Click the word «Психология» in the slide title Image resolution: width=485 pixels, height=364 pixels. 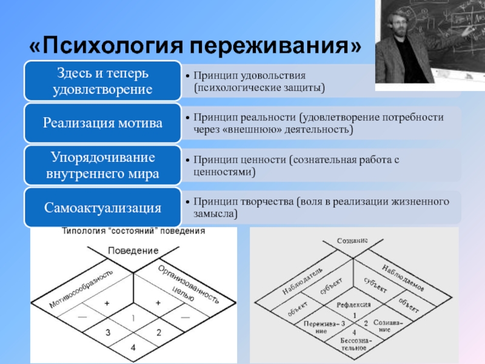106,45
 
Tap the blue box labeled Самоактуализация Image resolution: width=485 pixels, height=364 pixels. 102,208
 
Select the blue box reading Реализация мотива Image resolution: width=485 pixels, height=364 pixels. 102,123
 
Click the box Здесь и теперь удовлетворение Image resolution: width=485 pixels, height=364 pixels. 102,81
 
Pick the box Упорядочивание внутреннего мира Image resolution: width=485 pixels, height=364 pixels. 102,166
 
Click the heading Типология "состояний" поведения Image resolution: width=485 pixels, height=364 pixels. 134,231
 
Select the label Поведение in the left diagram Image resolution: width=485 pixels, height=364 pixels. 133,251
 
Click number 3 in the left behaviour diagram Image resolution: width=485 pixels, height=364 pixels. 107,332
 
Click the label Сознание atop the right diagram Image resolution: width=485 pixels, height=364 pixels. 352,241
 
